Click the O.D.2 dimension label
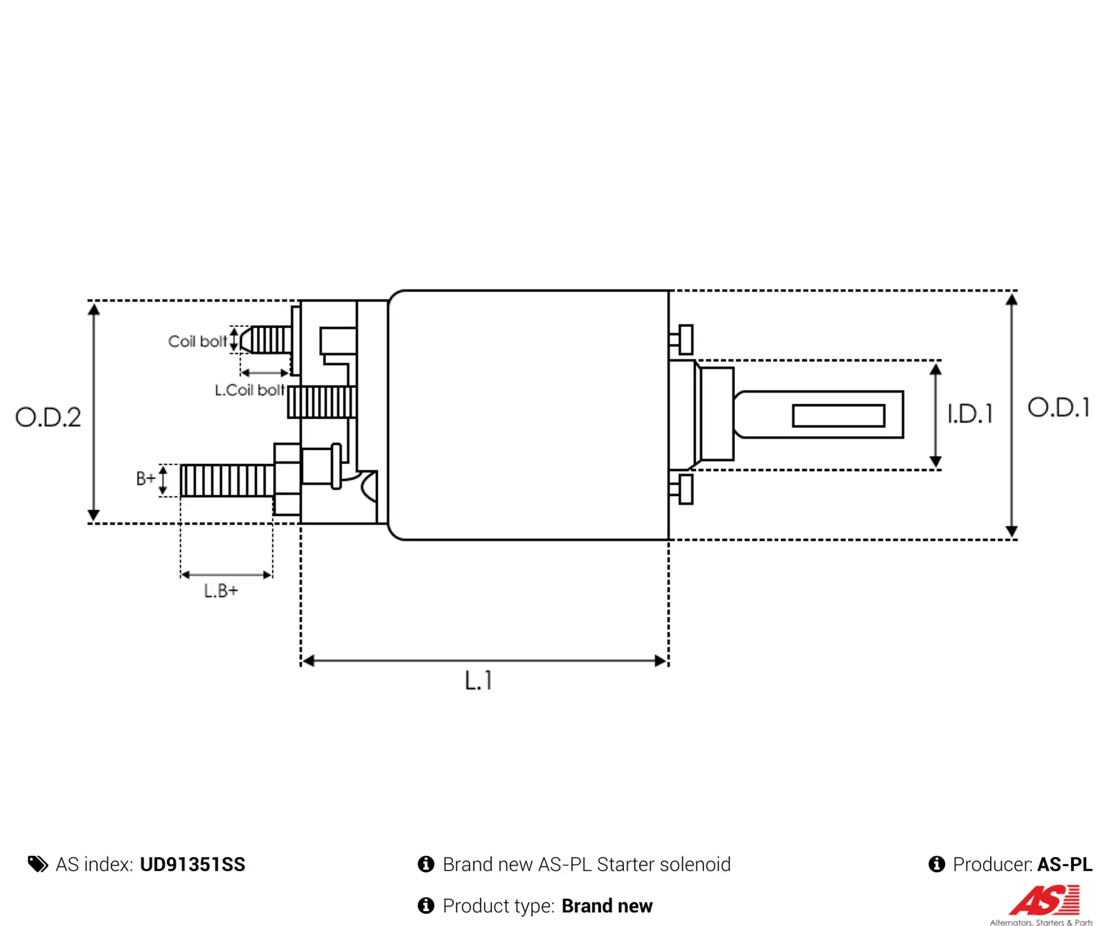48,417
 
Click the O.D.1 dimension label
1059,407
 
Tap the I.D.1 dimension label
970,413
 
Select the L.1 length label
478,680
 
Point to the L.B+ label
221,591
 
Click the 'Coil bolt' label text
197,341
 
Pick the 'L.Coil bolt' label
249,390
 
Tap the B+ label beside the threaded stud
146,478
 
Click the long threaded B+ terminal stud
227,480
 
